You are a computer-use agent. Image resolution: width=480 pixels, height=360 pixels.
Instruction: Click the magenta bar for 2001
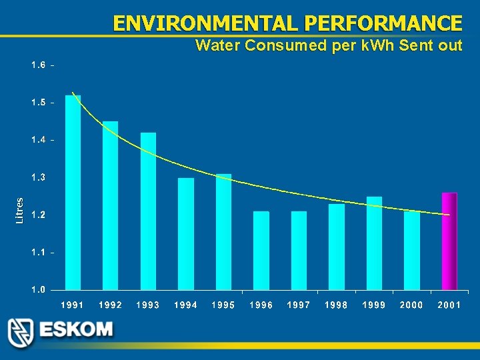click(449, 241)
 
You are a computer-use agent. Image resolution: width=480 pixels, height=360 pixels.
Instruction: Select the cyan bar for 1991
click(73, 193)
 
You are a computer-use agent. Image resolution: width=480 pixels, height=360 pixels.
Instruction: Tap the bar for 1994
click(186, 234)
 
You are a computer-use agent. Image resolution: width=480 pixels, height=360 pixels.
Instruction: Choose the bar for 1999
click(374, 243)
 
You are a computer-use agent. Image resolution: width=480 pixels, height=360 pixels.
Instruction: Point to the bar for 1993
click(148, 211)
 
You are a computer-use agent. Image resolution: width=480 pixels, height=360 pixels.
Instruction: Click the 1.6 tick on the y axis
click(38, 65)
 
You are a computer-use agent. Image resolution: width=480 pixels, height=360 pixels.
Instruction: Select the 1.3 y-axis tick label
click(38, 178)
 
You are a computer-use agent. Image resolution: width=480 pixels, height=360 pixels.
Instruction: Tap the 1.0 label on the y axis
click(38, 290)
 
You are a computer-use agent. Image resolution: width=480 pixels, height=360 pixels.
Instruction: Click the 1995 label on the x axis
click(223, 305)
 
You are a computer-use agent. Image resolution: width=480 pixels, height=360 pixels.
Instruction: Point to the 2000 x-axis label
click(411, 305)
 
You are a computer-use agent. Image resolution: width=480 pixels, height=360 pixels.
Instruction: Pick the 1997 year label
click(299, 305)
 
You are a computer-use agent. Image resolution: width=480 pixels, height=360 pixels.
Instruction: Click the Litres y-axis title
click(19, 210)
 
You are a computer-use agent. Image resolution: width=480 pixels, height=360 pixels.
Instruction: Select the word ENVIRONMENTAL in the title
click(205, 23)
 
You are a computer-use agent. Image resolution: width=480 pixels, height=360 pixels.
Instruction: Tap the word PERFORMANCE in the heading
click(383, 23)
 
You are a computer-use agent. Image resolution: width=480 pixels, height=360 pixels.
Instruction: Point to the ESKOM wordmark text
click(75, 330)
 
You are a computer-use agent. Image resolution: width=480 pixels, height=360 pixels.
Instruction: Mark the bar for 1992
click(110, 205)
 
